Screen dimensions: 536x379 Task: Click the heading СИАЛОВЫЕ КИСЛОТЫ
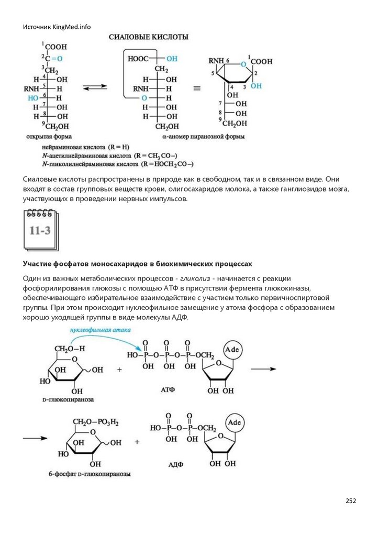click(149, 38)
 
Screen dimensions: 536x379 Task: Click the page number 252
click(351, 500)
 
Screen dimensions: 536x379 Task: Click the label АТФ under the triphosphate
click(169, 389)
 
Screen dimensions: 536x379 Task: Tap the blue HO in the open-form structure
click(32, 97)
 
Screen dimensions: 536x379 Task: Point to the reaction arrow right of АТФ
click(263, 369)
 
